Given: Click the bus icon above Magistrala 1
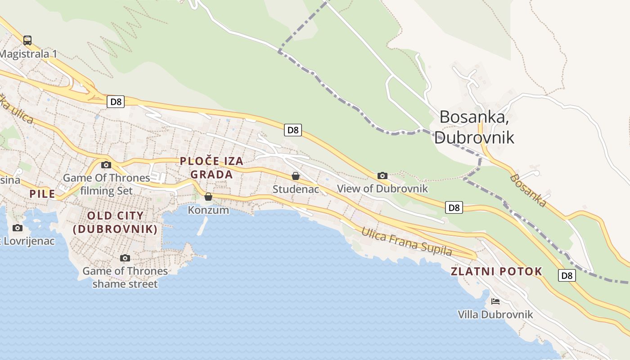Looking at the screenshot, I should point(27,40).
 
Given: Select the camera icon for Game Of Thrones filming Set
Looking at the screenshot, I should point(106,165).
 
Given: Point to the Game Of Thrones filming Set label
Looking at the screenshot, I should point(106,184).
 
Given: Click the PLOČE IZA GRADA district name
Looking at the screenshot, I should point(211,167).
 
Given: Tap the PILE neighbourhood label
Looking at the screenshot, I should point(42,194).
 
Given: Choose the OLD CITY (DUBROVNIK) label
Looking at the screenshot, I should point(115,222).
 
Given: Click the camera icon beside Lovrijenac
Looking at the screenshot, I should point(18,228).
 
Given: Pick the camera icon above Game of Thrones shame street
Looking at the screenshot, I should point(125,258).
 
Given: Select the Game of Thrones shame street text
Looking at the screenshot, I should point(125,278).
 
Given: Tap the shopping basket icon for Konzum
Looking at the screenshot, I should point(208,197).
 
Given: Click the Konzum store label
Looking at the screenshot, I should point(208,210).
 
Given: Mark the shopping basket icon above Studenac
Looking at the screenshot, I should point(296,176).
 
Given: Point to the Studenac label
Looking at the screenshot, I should point(296,189).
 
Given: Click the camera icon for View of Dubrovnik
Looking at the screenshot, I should point(382,175).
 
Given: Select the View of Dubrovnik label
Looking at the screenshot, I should point(382,189).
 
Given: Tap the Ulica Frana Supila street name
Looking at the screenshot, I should point(406,242).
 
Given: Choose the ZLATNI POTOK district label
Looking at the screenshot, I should point(496,271).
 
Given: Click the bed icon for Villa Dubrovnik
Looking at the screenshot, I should point(495,301).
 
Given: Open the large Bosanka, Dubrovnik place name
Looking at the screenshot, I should point(474,127).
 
